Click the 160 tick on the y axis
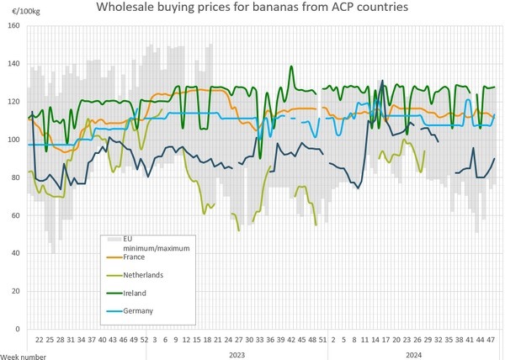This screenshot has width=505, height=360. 14,26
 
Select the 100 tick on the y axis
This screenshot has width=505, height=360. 14,140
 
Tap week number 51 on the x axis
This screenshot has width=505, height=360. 322,340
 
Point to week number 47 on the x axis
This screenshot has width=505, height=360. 491,340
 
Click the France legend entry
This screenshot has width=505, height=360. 134,257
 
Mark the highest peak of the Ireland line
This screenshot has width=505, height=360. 291,66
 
